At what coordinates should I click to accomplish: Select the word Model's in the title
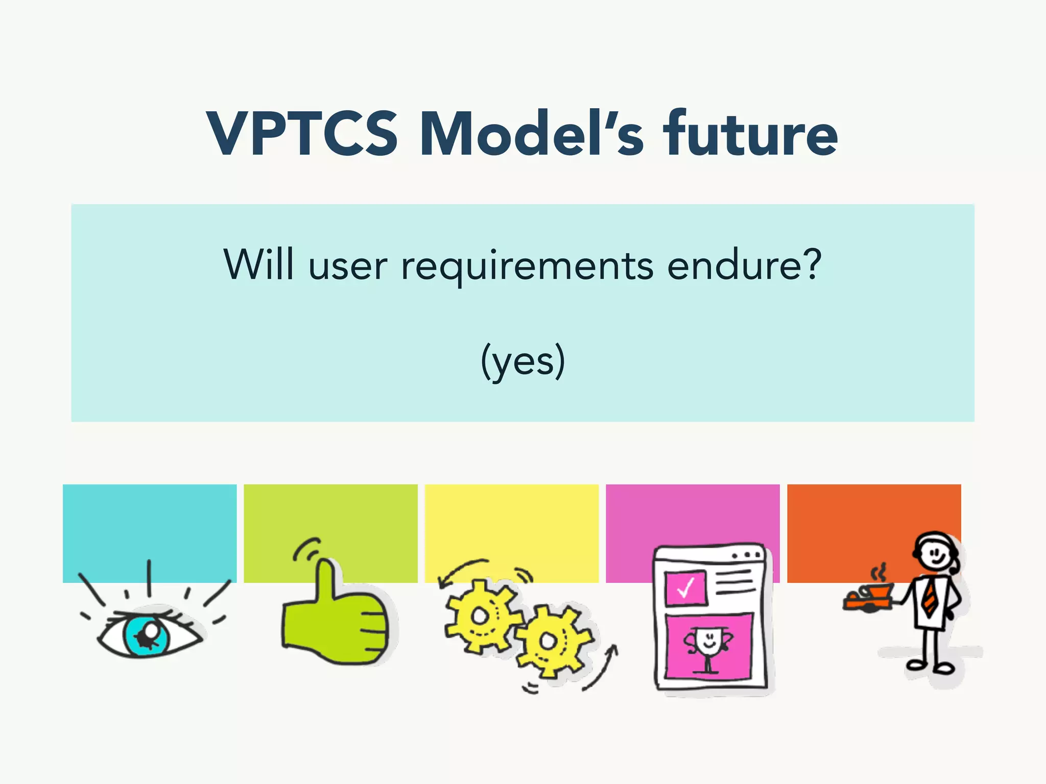(531, 134)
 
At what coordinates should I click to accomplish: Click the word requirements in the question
(527, 266)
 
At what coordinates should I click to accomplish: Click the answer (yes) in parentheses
(522, 361)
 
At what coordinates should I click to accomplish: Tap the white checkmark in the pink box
(685, 587)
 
